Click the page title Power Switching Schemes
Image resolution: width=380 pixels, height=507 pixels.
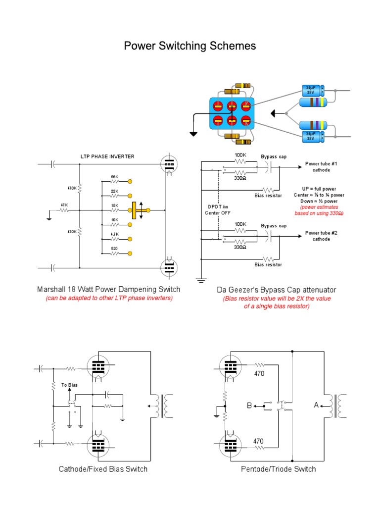pos(190,46)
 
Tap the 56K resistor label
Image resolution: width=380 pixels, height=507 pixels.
pos(114,177)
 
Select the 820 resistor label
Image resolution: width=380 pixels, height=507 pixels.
pos(114,249)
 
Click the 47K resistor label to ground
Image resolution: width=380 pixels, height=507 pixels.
pos(64,204)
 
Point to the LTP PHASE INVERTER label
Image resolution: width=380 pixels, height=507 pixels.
pos(107,156)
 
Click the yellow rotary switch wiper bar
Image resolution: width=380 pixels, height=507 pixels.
pos(134,210)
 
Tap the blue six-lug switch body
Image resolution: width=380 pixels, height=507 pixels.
pos(232,113)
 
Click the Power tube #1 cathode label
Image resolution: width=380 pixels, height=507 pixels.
pos(321,167)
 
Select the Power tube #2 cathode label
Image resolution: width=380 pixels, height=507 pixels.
pos(321,236)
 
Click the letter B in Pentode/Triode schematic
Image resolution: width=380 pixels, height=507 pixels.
pos(249,406)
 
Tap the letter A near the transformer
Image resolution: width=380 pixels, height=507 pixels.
pos(316,406)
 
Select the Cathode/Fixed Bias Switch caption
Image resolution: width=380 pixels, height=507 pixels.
pos(103,469)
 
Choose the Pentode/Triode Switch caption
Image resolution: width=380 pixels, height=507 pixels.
pos(278,469)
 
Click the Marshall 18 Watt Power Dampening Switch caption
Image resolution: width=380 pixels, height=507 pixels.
pos(108,289)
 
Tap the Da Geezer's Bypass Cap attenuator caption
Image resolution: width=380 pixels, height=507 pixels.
pos(277,290)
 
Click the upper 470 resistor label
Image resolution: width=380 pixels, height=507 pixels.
pos(260,374)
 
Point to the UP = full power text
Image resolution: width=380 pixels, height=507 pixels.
pos(319,189)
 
